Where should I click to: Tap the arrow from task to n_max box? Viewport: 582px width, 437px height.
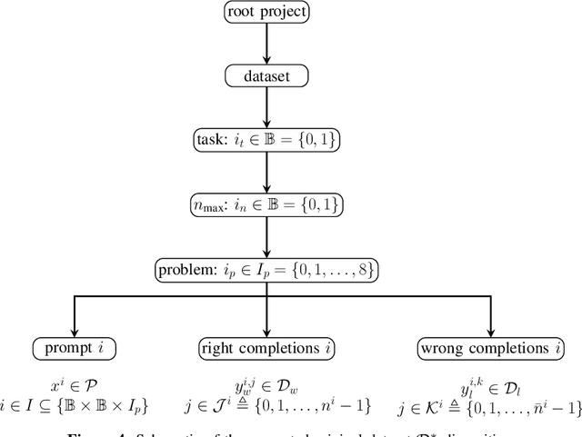(x=266, y=174)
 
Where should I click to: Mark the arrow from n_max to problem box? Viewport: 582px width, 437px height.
(x=266, y=238)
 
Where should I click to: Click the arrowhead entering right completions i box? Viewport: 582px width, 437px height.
(x=266, y=331)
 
